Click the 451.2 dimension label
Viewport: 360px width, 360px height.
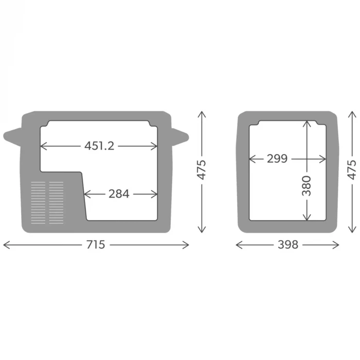99,146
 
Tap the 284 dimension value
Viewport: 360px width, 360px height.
119,194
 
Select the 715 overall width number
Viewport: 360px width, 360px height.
96,245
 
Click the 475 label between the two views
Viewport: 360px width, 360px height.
202,170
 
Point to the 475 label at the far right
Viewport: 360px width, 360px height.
352,170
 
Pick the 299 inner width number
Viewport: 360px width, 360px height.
277,158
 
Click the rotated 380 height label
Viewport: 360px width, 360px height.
307,186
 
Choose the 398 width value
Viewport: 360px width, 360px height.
287,245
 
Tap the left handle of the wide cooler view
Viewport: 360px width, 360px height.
12,137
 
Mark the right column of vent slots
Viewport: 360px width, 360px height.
56,203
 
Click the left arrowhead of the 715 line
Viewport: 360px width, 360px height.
5,245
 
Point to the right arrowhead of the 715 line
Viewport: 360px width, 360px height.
187,245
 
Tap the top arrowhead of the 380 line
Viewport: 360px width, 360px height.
307,122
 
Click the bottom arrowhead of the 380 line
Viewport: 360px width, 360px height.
307,219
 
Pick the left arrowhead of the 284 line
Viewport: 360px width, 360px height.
85,194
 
